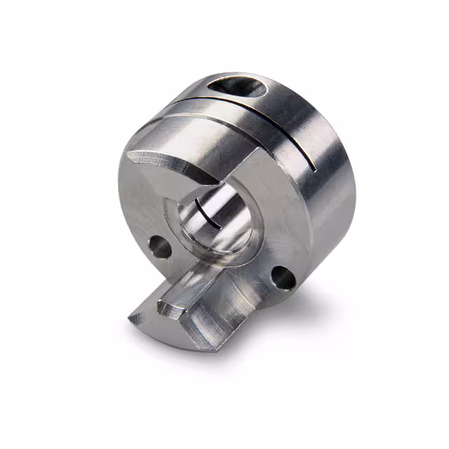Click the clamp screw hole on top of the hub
pos(243,88)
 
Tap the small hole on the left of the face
pos(161,246)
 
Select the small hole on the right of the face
pos(284,277)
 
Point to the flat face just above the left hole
pos(151,210)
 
